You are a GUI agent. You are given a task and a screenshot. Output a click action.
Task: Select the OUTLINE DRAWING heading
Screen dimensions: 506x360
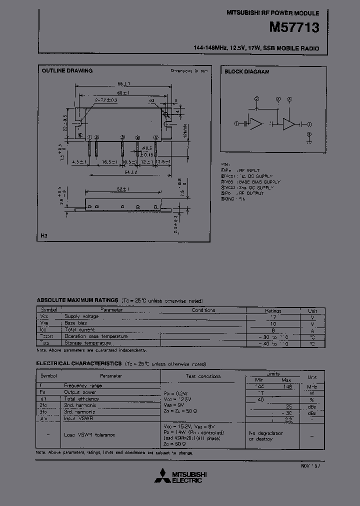(67, 71)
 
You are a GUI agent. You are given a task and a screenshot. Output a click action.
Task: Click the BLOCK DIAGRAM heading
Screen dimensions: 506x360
(247, 72)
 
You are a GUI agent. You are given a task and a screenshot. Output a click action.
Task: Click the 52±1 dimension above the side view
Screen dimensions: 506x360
(122, 189)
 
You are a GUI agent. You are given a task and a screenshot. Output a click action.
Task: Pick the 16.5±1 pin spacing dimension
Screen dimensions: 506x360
(109, 162)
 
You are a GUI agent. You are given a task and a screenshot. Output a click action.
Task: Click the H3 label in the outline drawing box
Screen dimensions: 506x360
(44, 235)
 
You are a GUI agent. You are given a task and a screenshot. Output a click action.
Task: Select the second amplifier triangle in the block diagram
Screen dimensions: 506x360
(289, 124)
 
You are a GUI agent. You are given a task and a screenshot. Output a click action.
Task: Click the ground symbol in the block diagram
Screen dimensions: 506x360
(309, 140)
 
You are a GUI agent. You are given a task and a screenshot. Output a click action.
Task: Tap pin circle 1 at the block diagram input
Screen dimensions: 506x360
(237, 123)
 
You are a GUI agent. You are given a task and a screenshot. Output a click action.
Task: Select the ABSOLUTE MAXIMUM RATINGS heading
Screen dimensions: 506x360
(77, 300)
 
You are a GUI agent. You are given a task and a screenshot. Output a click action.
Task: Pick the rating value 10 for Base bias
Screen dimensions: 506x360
(273, 323)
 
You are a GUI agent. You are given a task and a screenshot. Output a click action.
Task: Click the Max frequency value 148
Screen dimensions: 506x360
(287, 386)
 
